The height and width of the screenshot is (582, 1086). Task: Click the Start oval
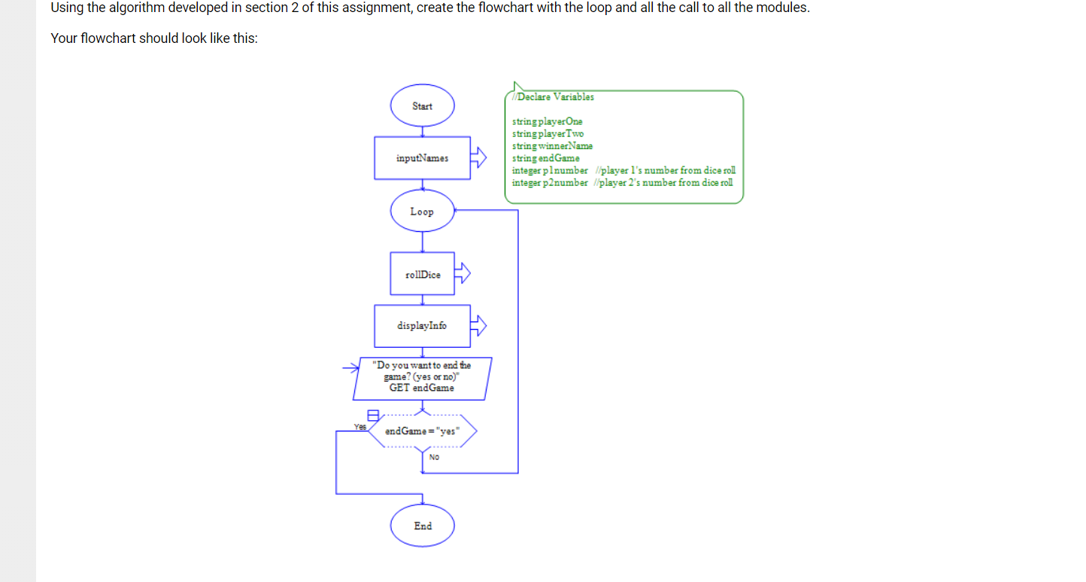(422, 106)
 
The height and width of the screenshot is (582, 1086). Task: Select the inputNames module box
(422, 158)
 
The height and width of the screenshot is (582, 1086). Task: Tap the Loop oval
(422, 212)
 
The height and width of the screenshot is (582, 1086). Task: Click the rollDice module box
(422, 274)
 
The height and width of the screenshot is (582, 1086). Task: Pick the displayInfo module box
(422, 326)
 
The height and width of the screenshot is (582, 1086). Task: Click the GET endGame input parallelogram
(422, 378)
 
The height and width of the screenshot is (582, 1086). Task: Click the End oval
(422, 526)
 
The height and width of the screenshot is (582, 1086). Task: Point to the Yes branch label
(360, 427)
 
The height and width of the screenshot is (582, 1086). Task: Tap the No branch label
(434, 457)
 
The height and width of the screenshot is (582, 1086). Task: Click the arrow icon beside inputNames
(478, 157)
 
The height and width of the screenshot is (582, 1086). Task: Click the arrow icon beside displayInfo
(478, 325)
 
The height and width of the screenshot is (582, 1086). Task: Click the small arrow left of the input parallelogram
(351, 368)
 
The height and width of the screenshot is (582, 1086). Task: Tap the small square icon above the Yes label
(372, 414)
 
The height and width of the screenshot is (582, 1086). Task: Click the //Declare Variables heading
(553, 97)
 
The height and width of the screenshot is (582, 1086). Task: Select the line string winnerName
(552, 146)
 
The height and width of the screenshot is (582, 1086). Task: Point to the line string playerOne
(547, 121)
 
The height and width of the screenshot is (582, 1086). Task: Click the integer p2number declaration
(550, 183)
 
